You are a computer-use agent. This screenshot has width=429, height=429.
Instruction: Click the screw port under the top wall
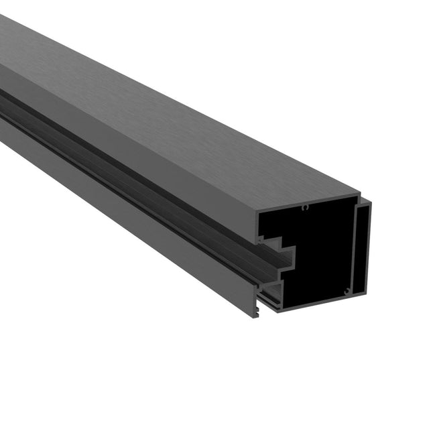point(305,208)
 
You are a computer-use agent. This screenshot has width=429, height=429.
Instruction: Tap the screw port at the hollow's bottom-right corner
point(346,290)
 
